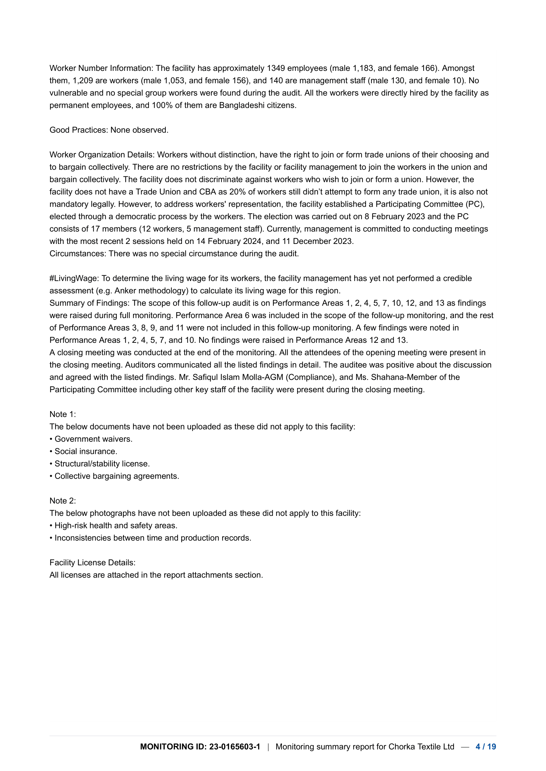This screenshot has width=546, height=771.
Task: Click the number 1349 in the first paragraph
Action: pyautogui.click(x=276, y=68)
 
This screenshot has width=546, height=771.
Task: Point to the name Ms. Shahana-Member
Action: pyautogui.click(x=390, y=377)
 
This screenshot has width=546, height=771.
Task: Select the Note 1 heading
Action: pyautogui.click(x=62, y=414)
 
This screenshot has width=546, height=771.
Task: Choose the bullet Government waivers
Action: pyautogui.click(x=93, y=439)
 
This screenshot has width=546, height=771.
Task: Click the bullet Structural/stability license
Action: pyautogui.click(x=102, y=464)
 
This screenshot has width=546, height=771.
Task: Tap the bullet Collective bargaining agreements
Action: pyautogui.click(x=117, y=476)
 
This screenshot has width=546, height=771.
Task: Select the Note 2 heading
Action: pyautogui.click(x=62, y=501)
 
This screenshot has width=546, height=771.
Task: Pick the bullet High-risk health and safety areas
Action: pyautogui.click(x=116, y=525)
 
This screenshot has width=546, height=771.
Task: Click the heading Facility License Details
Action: pyautogui.click(x=92, y=562)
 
